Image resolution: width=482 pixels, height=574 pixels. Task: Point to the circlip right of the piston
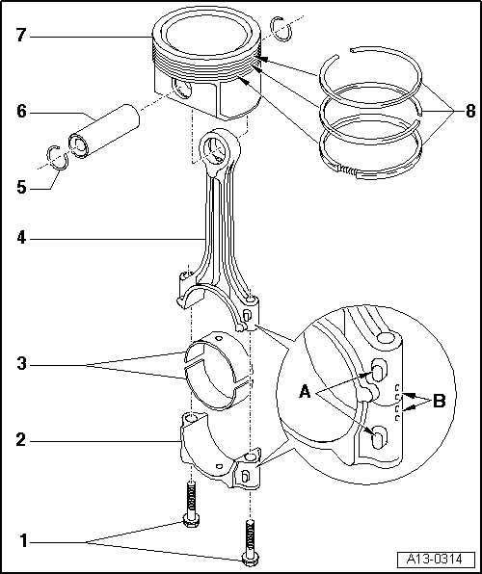[281, 29]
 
